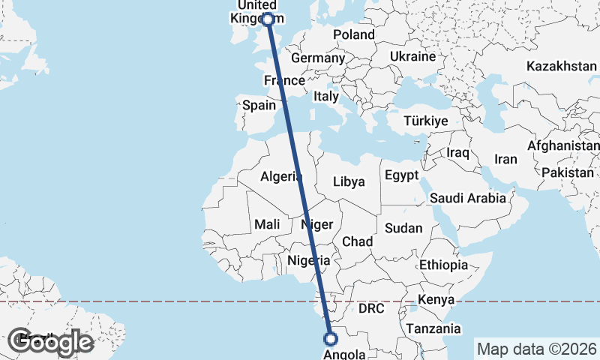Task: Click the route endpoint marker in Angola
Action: (329, 338)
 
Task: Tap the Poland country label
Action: (354, 34)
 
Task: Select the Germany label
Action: (317, 58)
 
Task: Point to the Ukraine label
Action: (412, 56)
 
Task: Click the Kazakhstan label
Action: (561, 66)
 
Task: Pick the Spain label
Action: (259, 105)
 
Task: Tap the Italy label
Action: (326, 96)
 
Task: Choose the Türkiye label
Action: (425, 121)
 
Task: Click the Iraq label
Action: (457, 152)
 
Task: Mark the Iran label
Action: (505, 159)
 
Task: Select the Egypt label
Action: (401, 175)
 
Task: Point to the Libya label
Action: (349, 181)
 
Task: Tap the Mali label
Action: (267, 223)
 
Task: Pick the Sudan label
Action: (403, 227)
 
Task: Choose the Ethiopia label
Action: (443, 265)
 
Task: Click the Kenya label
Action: (436, 299)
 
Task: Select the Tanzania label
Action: (433, 328)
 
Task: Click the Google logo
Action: (51, 342)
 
